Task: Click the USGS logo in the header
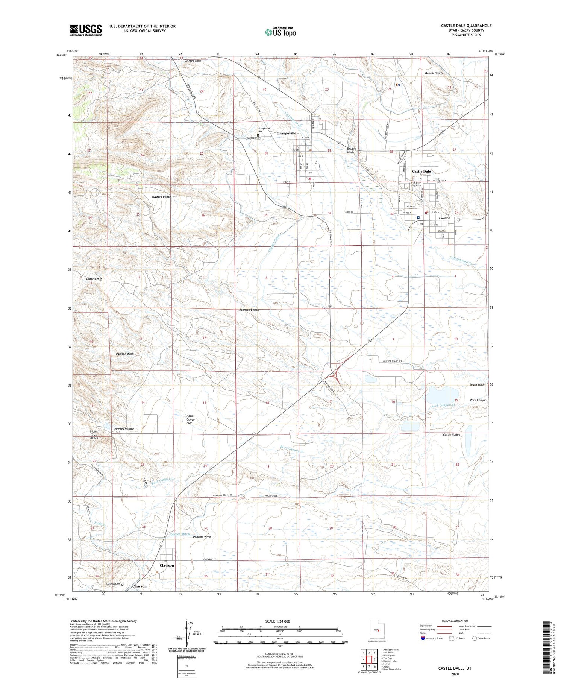pos(86,30)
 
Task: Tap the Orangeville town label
pos(287,133)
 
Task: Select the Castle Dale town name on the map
pos(421,172)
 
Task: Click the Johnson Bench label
pos(249,310)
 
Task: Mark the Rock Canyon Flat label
pos(191,419)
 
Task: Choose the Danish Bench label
pos(434,73)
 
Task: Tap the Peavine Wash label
pos(202,537)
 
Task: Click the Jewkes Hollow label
pos(124,429)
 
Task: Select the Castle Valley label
pos(451,434)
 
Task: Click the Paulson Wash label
pos(125,354)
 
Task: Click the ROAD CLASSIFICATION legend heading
pos(455,621)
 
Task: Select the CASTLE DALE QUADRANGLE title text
pos(466,26)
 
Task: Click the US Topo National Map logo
pos(280,32)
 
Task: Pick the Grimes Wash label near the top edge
pos(193,61)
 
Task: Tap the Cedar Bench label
pos(94,279)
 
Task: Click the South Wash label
pos(477,384)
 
